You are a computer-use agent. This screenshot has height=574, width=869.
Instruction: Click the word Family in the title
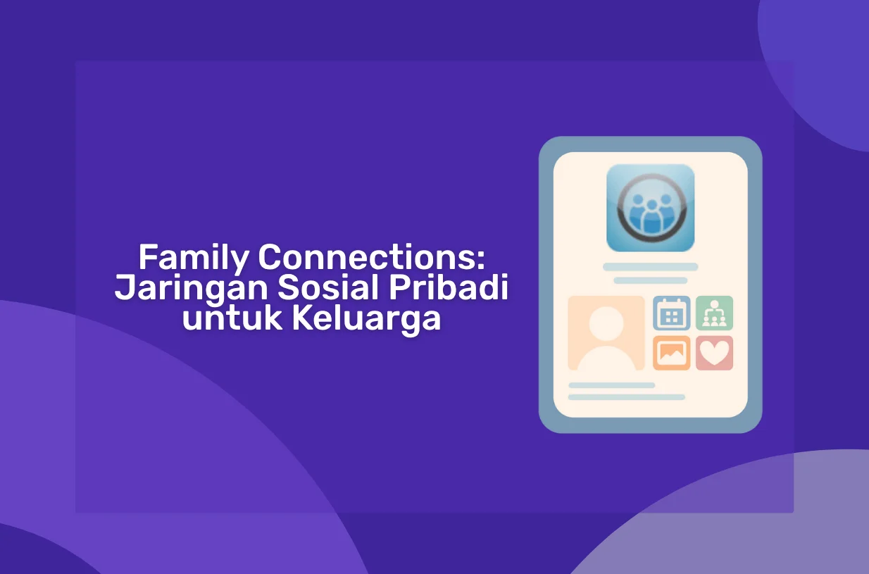tap(194, 258)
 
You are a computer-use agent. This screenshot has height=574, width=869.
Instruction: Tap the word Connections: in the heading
tap(372, 257)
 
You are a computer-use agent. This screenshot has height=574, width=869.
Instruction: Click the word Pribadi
tap(449, 287)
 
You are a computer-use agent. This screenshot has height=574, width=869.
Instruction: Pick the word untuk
tap(232, 318)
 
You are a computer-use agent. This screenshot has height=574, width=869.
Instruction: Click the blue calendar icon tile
tap(672, 313)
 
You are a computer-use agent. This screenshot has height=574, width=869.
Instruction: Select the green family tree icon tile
tap(714, 313)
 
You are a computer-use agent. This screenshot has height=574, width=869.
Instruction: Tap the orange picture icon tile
tap(672, 353)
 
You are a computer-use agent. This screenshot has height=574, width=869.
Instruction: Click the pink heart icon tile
tap(714, 353)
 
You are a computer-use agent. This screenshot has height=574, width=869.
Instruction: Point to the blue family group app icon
tap(651, 208)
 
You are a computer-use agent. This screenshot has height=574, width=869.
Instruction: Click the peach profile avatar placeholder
tap(606, 333)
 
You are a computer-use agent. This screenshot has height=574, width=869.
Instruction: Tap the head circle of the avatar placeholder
tap(606, 324)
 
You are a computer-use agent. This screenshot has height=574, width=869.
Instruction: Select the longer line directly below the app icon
tap(651, 267)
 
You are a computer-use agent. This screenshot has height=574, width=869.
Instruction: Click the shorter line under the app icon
tap(651, 280)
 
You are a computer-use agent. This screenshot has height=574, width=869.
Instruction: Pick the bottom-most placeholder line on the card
tap(627, 397)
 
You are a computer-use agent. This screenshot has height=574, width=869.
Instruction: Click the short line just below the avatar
tap(611, 385)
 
